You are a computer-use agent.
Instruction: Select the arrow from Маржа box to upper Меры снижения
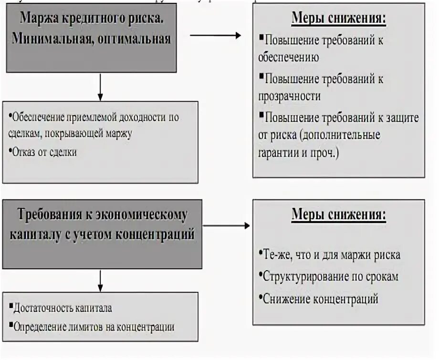(x=216, y=35)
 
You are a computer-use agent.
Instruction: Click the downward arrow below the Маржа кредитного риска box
(x=100, y=86)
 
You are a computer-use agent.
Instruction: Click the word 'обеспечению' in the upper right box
(x=288, y=57)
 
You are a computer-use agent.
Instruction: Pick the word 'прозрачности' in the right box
(x=289, y=96)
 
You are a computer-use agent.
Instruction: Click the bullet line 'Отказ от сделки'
(x=45, y=152)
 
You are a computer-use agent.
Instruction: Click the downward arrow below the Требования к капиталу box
(x=100, y=280)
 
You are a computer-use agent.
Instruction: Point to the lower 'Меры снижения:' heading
(x=338, y=215)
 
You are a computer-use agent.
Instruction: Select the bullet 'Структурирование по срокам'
(x=330, y=276)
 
